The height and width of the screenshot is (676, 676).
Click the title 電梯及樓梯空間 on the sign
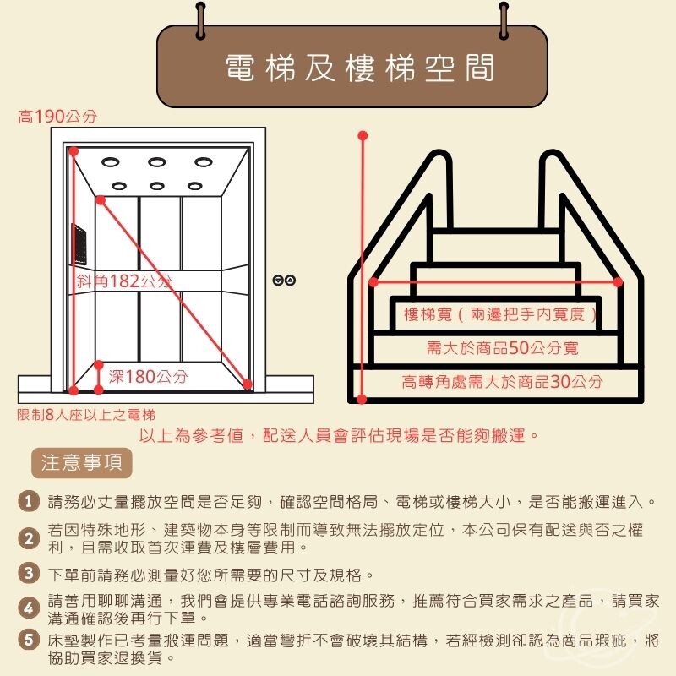(x=360, y=68)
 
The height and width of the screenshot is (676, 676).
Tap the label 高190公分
(x=57, y=117)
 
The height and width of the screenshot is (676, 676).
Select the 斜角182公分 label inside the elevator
(x=124, y=281)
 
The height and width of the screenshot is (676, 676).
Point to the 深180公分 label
(x=148, y=376)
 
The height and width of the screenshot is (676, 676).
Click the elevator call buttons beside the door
(x=284, y=281)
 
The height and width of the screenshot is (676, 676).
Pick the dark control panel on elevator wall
(x=79, y=244)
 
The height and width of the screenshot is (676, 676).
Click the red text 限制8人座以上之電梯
(x=86, y=415)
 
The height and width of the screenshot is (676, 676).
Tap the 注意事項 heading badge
(x=81, y=463)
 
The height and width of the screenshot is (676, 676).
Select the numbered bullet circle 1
(x=29, y=501)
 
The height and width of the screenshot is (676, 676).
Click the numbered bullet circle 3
(x=29, y=573)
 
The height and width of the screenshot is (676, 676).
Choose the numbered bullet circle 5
(x=29, y=640)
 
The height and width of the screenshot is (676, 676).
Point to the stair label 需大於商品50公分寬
(x=502, y=347)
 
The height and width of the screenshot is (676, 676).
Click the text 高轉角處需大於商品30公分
(x=502, y=382)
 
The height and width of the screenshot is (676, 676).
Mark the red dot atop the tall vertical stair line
(x=363, y=136)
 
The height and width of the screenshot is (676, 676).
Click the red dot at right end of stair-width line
(x=618, y=282)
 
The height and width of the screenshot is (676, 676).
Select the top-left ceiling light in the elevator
(x=111, y=162)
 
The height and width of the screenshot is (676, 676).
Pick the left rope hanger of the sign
(x=201, y=20)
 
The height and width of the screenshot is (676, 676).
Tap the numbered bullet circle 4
(x=29, y=608)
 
